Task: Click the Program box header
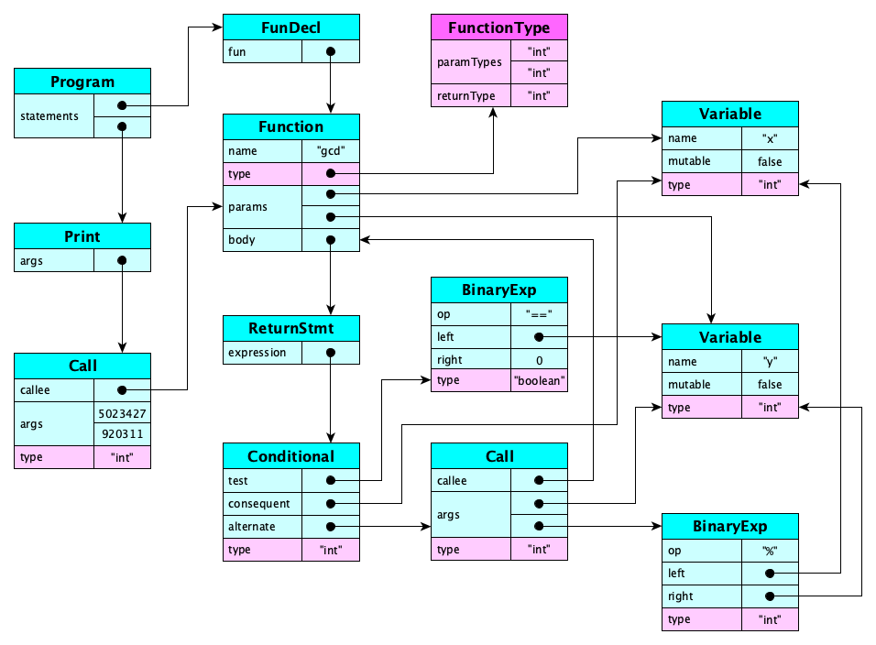coord(82,82)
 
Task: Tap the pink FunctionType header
coord(499,27)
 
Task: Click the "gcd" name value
coord(330,151)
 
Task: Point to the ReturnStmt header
coord(290,328)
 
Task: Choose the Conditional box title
coord(290,456)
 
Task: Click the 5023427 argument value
coord(122,412)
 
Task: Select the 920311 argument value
coord(122,433)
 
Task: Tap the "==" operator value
coord(539,314)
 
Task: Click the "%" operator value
coord(770,551)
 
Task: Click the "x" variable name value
coord(770,138)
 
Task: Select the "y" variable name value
coord(770,362)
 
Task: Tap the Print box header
coord(82,236)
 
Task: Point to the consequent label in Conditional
coord(259,503)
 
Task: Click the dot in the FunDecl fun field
coord(330,52)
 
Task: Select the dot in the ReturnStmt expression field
coord(330,353)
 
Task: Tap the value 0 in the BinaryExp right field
coord(539,359)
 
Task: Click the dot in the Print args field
coord(122,261)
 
